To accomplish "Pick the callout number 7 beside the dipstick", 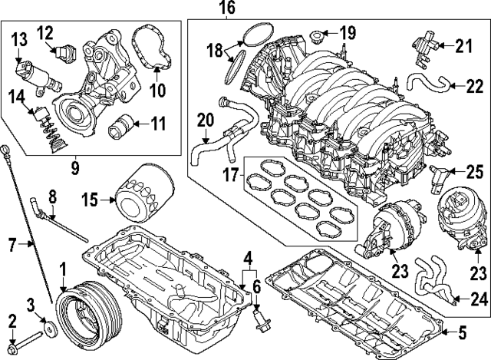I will point(11,246).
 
